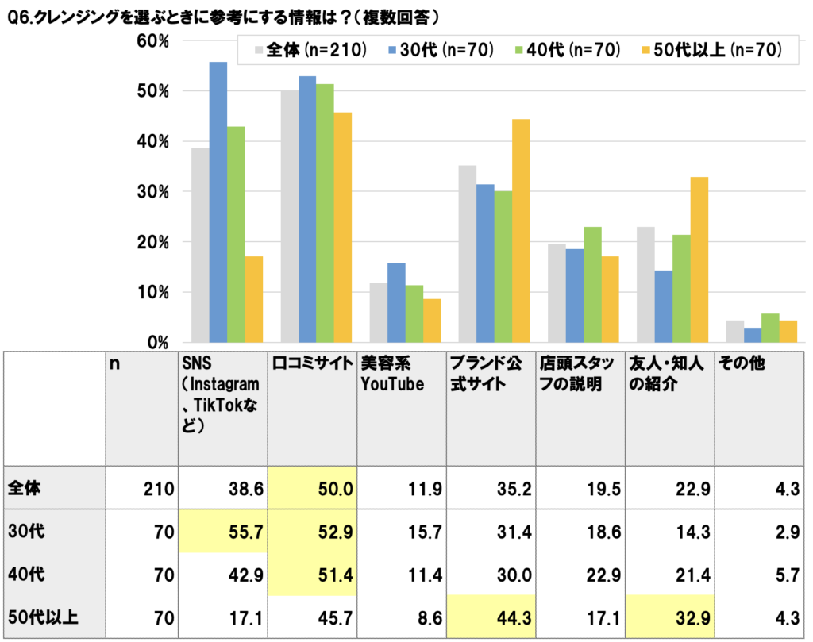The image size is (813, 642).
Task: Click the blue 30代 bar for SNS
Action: pos(218,202)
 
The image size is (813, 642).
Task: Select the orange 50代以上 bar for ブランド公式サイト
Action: pos(521,231)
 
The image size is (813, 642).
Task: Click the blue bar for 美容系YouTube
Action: pos(396,303)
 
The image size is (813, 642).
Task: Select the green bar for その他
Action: pos(770,328)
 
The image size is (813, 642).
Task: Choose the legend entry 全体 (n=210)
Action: pos(310,51)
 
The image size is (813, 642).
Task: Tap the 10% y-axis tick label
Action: pos(152,292)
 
